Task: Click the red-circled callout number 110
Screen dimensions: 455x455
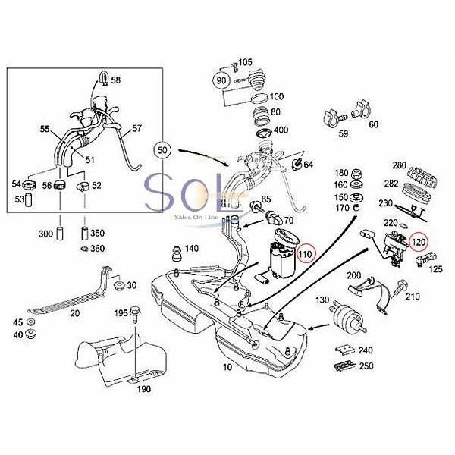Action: [305, 253]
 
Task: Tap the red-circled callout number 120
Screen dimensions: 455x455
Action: [417, 242]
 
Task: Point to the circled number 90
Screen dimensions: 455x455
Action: [222, 79]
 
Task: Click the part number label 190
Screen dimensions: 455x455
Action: [144, 389]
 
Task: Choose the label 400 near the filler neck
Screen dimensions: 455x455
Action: [281, 130]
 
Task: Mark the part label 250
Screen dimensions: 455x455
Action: [366, 366]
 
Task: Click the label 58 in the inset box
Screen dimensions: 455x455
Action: [115, 80]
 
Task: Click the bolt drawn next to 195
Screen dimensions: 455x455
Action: [138, 317]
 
